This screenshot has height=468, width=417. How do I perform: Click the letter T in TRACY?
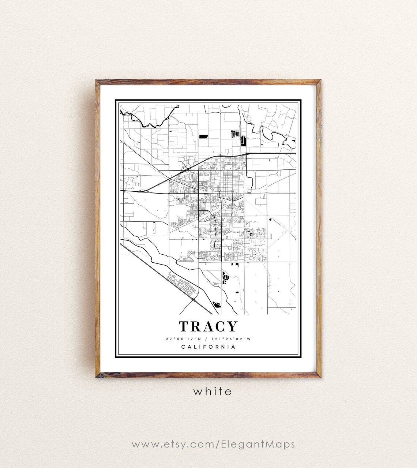pos(184,326)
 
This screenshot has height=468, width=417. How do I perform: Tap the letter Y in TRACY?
pos(232,326)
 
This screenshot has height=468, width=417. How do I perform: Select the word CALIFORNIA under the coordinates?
pos(209,347)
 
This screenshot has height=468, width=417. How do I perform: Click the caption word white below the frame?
pos(213,392)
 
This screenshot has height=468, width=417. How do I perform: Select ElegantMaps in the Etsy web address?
pos(258,445)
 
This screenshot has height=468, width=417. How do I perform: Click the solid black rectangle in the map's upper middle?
pos(203,136)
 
